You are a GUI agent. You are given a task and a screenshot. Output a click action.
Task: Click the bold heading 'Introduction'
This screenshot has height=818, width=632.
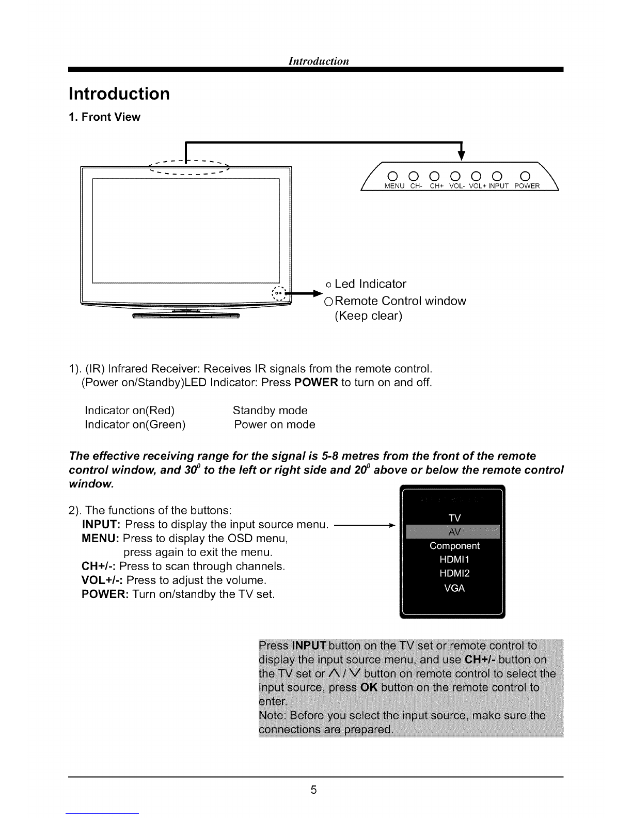(x=119, y=94)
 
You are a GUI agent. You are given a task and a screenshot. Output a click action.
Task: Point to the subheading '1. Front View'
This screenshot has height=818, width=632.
(x=104, y=117)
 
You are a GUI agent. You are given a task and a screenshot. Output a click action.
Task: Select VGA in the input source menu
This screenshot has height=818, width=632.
(x=454, y=588)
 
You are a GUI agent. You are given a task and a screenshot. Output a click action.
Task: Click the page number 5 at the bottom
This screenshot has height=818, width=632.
(x=313, y=790)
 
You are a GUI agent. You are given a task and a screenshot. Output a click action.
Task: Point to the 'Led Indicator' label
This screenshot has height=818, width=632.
(x=370, y=284)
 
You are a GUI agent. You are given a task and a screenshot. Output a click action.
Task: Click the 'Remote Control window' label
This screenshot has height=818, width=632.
(x=400, y=301)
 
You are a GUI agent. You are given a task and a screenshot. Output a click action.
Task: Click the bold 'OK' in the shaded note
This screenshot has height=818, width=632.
(x=371, y=688)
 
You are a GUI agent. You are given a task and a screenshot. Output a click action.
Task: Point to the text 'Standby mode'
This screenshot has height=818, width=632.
(x=270, y=411)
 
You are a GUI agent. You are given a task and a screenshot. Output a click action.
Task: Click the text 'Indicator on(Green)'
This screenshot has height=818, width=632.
(x=135, y=424)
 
